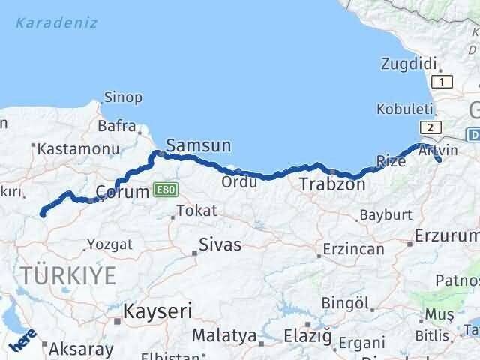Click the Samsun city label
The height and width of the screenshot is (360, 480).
click(198, 145)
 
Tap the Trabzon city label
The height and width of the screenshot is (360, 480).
click(332, 184)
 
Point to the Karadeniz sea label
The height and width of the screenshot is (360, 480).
click(55, 22)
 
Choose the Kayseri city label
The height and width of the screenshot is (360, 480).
click(158, 310)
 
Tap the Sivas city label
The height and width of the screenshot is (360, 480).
click(220, 244)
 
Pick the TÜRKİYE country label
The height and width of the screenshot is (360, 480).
click(68, 275)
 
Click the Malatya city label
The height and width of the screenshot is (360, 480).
click(224, 335)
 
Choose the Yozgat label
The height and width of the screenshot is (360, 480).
click(109, 244)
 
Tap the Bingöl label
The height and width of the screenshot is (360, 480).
click(346, 303)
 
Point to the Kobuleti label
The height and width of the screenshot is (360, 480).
click(405, 108)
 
